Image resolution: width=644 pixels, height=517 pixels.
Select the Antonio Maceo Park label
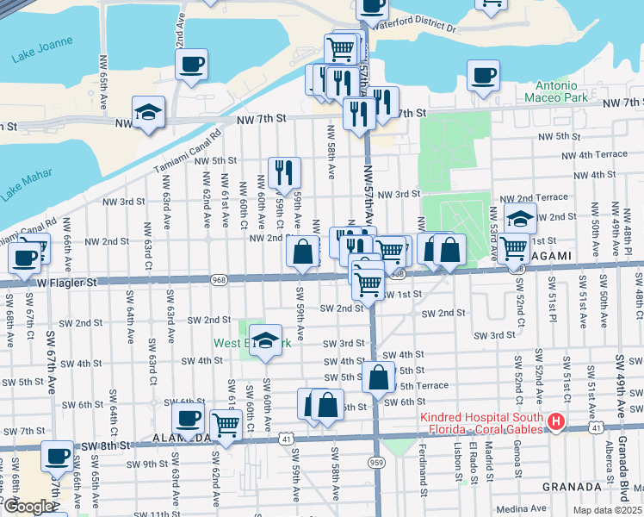click(x=561, y=92)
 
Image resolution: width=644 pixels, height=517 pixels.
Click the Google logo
click(x=28, y=507)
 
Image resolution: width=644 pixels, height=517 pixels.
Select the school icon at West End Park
click(x=266, y=340)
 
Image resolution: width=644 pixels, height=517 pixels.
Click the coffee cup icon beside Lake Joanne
click(x=191, y=64)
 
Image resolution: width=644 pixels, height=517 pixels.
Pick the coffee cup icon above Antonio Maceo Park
click(x=483, y=75)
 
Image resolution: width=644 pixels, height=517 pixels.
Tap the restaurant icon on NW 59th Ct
click(x=283, y=172)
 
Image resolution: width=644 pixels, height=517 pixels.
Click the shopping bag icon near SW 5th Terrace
click(x=378, y=377)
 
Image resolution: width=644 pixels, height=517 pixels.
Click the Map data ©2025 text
click(x=608, y=510)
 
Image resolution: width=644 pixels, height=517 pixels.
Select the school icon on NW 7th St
click(x=148, y=112)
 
